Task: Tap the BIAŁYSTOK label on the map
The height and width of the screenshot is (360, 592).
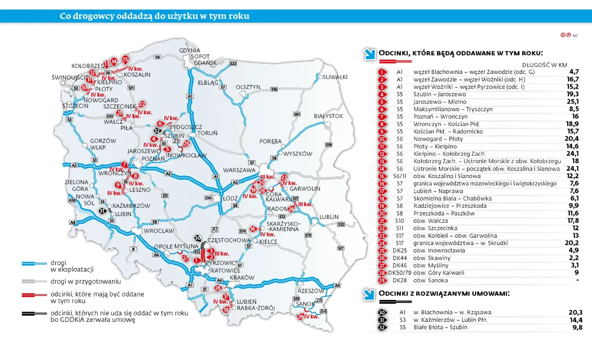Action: pyautogui.click(x=329, y=116)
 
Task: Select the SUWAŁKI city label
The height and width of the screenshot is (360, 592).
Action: pyautogui.click(x=334, y=77)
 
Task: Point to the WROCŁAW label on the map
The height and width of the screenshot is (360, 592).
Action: pyautogui.click(x=159, y=231)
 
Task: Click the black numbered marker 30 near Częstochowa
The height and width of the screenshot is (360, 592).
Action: pyautogui.click(x=197, y=238)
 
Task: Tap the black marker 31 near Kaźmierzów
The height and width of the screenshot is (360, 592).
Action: pyautogui.click(x=102, y=211)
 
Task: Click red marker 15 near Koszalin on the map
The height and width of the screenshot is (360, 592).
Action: pyautogui.click(x=125, y=59)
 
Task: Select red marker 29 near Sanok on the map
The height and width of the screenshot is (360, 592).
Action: pyautogui.click(x=301, y=316)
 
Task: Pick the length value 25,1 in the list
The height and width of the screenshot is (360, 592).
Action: pyautogui.click(x=573, y=102)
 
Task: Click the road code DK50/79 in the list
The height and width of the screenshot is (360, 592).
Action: pyautogui.click(x=399, y=273)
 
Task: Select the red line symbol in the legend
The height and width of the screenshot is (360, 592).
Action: pyautogui.click(x=34, y=294)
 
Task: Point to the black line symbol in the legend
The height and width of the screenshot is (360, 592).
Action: pyautogui.click(x=34, y=314)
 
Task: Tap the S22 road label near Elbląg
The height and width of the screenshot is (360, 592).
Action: pyautogui.click(x=233, y=63)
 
